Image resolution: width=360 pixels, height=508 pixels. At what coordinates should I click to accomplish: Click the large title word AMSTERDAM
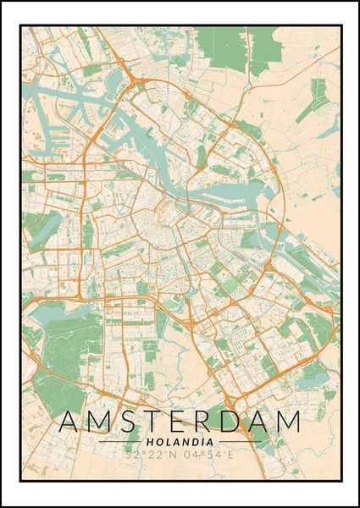180,421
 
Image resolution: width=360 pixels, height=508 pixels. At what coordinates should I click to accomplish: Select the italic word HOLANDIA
180,440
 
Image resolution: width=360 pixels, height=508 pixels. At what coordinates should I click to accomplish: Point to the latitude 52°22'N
150,456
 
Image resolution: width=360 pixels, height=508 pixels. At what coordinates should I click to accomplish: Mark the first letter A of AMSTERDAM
69,421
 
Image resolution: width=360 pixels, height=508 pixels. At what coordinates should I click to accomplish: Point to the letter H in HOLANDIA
149,440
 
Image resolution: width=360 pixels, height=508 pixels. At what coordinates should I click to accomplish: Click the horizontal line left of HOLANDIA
119,441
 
